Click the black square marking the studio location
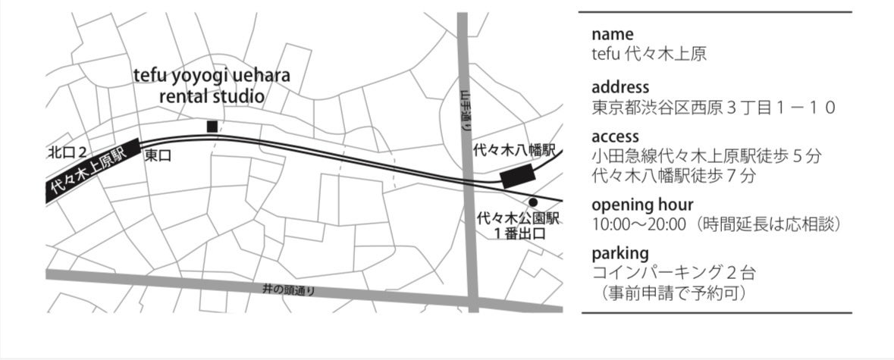point(212,126)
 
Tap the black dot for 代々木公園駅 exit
point(533,202)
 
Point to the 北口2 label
point(67,153)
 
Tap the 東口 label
point(158,155)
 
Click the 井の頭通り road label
point(288,290)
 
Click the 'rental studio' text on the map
point(212,96)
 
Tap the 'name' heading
point(612,35)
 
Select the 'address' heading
point(620,87)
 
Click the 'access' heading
point(615,137)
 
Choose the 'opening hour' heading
point(641,205)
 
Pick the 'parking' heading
point(620,252)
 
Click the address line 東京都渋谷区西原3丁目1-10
point(713,107)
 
